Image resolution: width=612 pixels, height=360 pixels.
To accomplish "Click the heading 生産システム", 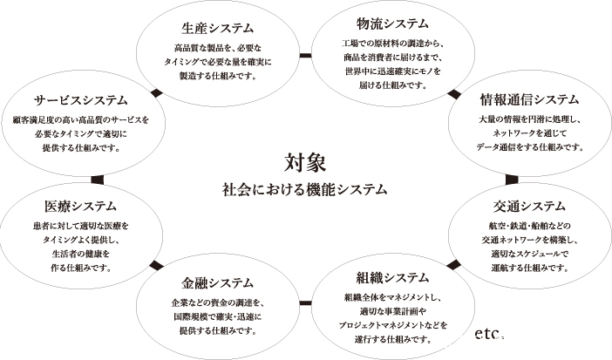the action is (x=217, y=28).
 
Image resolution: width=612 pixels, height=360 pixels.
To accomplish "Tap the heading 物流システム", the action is (x=392, y=24).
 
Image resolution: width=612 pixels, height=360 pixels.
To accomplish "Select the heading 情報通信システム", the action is (x=530, y=99).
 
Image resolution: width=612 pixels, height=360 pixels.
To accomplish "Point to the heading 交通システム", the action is (x=529, y=207).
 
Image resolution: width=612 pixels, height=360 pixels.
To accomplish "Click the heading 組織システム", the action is (x=392, y=278).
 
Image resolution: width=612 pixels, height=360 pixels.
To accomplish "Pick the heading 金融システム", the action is (x=217, y=282).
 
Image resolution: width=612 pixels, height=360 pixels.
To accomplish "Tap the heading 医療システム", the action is (x=81, y=207).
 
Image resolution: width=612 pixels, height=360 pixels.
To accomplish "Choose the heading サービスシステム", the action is (x=81, y=100).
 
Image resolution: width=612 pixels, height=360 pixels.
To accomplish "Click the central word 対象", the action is (x=305, y=162).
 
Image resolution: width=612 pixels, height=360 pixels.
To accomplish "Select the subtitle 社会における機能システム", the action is (x=305, y=189).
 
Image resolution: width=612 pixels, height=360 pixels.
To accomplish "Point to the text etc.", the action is (x=488, y=334).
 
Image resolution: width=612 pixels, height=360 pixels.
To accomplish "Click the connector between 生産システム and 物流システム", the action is (x=306, y=56).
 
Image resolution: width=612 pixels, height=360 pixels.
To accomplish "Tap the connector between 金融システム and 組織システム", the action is (x=306, y=303).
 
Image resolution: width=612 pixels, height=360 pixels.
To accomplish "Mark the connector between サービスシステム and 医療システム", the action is (x=97, y=180).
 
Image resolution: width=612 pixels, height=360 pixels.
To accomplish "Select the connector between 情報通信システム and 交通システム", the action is (x=512, y=180).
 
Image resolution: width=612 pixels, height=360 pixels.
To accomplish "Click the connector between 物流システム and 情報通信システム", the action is (x=454, y=94).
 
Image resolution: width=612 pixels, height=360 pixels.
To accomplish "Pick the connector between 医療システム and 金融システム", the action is (x=157, y=265).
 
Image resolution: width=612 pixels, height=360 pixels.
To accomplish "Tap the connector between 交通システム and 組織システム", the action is (x=453, y=265).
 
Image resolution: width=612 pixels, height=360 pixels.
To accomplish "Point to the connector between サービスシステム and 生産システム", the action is (x=157, y=93).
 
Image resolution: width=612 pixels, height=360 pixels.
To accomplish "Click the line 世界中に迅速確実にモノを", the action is (x=392, y=71).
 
